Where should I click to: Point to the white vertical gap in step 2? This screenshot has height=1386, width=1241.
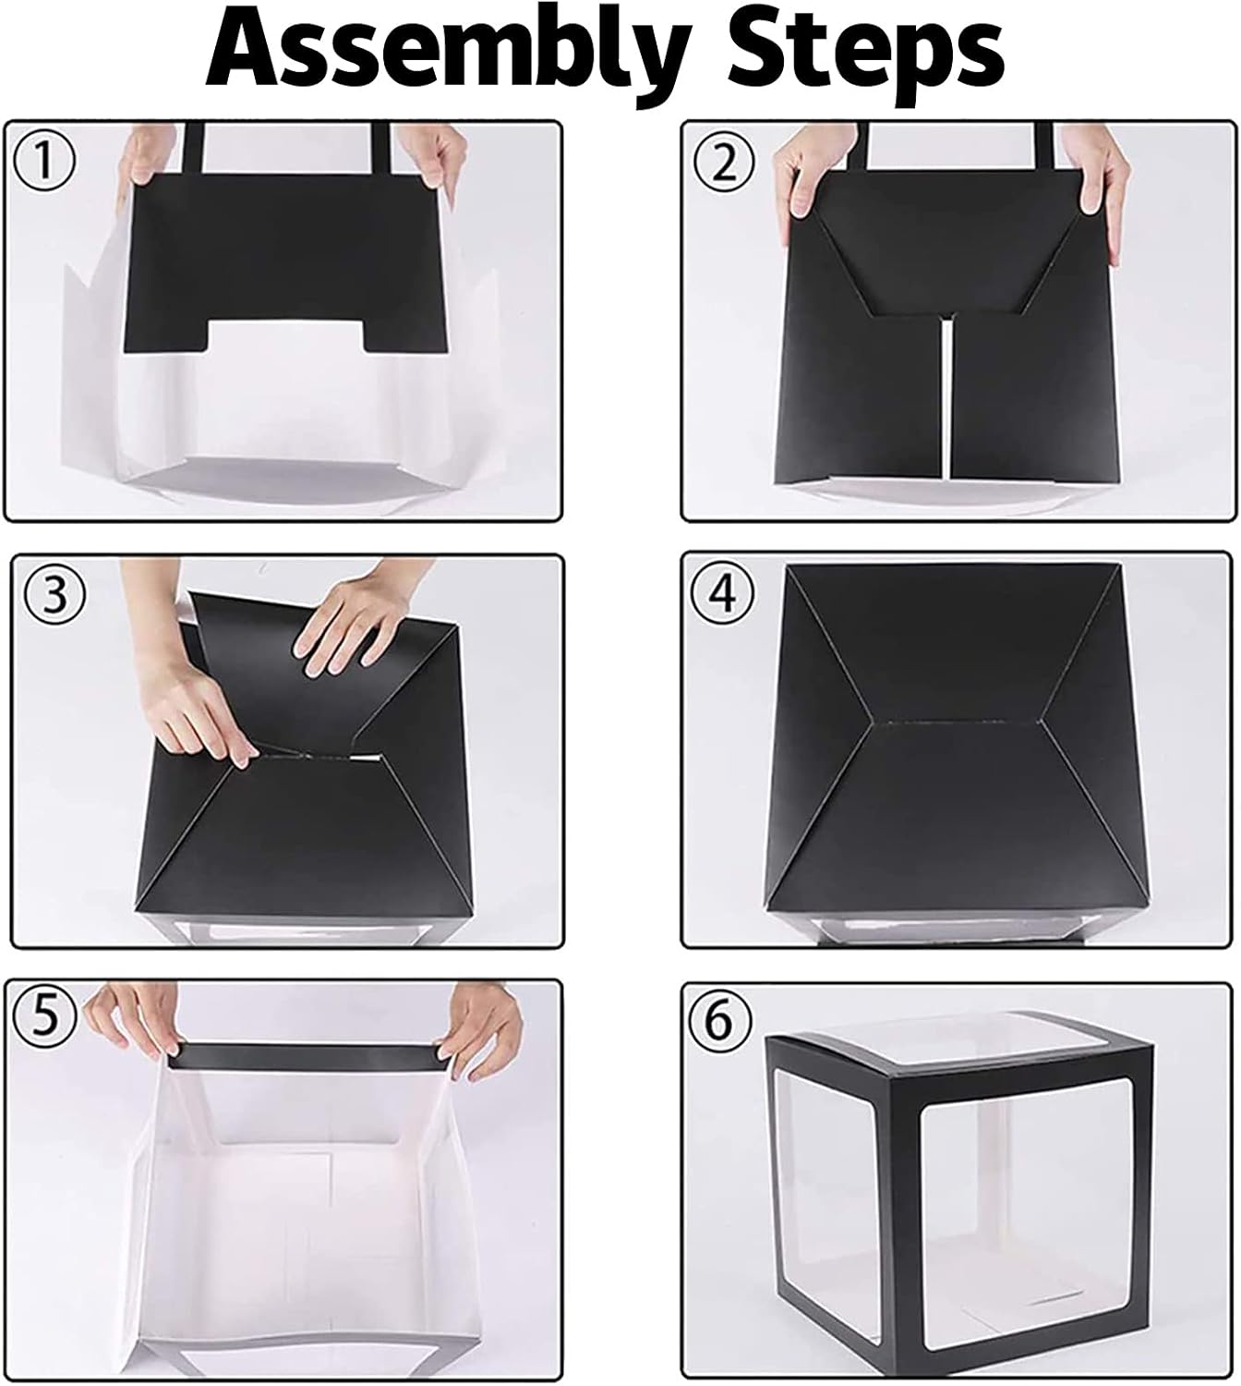click(x=947, y=395)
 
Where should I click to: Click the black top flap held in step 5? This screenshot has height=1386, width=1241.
click(x=305, y=1057)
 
